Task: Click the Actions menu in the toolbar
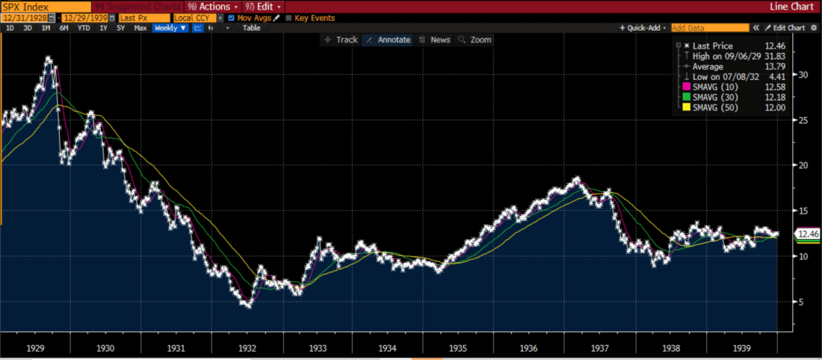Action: tap(213, 6)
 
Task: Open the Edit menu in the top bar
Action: tap(262, 6)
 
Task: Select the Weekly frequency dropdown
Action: tap(170, 28)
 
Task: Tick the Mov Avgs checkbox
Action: tap(231, 17)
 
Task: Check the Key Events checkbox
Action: tap(289, 17)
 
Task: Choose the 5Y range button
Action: tap(120, 28)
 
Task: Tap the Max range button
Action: tap(140, 28)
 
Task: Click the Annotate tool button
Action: tap(389, 40)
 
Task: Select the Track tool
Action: tap(342, 40)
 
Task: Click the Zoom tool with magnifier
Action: tap(475, 40)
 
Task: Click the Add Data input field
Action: tap(709, 28)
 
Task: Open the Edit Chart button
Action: tap(785, 28)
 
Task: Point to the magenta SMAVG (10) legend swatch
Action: tap(686, 87)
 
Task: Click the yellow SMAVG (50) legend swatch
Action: tap(686, 108)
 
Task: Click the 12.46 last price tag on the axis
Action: tap(806, 234)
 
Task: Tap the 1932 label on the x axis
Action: tap(247, 348)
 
